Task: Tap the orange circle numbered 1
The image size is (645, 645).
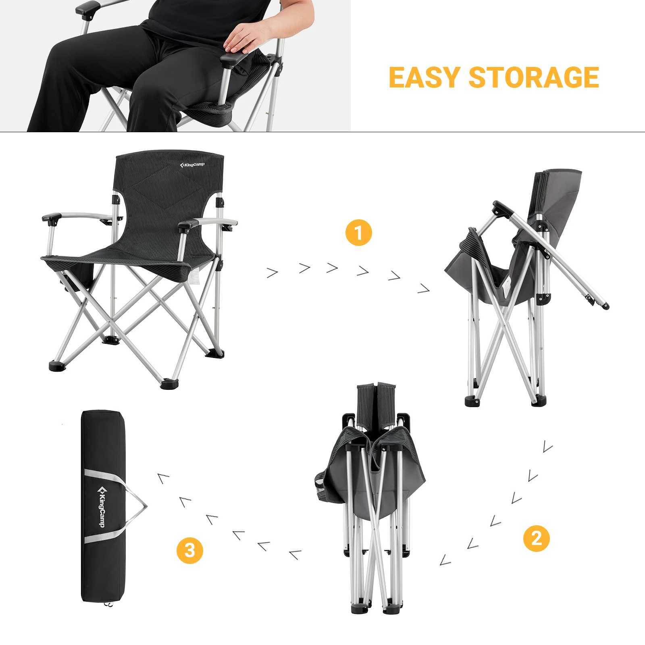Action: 358,233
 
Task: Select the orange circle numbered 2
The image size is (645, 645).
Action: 537,539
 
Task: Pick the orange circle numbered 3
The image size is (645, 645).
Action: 190,550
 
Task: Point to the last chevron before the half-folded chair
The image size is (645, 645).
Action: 424,288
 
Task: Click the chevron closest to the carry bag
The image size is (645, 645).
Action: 163,479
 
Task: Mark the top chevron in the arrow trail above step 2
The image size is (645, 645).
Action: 547,446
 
